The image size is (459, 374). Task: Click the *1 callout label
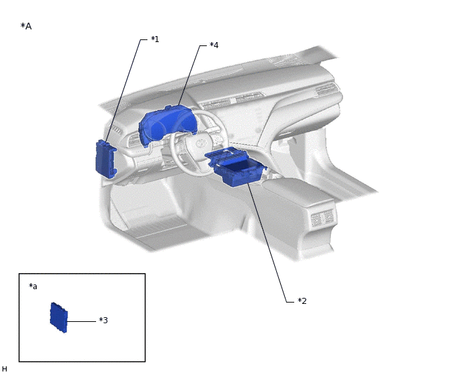(x=155, y=39)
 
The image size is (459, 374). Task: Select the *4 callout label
(x=214, y=45)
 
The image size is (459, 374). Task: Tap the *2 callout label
(x=302, y=301)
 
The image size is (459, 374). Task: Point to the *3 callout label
(x=103, y=320)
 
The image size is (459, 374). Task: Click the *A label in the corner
(x=26, y=26)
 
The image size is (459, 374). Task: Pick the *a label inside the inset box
(x=33, y=286)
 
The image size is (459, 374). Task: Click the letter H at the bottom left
(x=5, y=369)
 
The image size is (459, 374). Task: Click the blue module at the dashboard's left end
(x=106, y=159)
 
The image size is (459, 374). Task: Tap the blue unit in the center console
(x=236, y=167)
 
